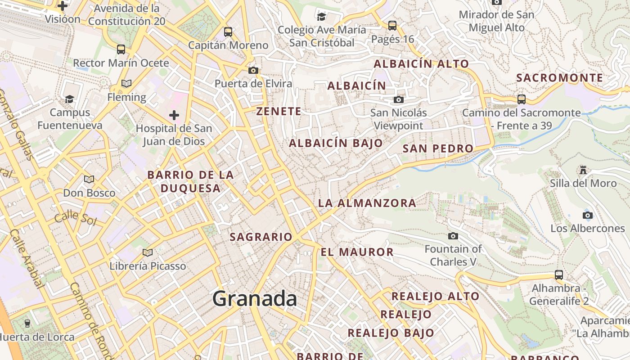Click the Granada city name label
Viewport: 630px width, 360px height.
tap(255, 299)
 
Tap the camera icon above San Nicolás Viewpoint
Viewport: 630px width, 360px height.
tap(399, 99)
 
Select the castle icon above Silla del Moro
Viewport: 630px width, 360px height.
tap(583, 170)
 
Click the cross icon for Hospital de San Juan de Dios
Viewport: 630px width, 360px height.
tap(174, 115)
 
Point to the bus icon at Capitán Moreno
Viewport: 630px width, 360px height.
tap(228, 32)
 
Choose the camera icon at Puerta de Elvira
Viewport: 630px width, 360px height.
tap(253, 70)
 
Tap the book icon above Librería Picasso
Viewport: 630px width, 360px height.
tap(148, 252)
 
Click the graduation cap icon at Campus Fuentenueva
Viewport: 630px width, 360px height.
tap(70, 99)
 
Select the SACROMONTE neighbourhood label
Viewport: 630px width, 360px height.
tap(559, 78)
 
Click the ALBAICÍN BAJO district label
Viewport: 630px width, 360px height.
tap(336, 144)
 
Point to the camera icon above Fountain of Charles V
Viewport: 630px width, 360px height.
tap(453, 236)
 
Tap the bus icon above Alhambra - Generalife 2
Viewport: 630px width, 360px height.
tap(559, 274)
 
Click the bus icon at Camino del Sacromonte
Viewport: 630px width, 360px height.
tap(522, 99)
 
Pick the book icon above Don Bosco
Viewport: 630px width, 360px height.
tap(89, 180)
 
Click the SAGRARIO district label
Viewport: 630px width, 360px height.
tap(261, 237)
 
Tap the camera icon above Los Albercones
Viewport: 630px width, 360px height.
tap(588, 215)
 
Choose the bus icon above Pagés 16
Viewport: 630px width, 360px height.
tap(392, 26)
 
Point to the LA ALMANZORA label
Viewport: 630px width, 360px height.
tap(367, 203)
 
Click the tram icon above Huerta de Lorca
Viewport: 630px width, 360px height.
tap(27, 323)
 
